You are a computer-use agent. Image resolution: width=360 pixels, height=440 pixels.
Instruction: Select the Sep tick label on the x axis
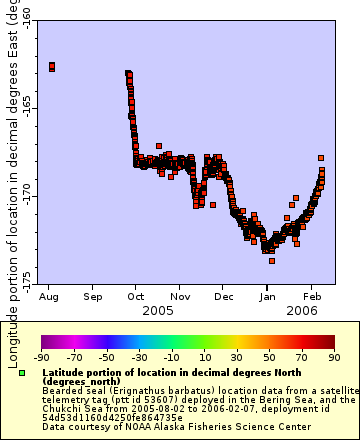tap(92, 297)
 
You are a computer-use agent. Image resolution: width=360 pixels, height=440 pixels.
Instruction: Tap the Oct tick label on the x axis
tap(136, 297)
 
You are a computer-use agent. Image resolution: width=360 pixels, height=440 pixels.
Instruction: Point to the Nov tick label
tap(180, 297)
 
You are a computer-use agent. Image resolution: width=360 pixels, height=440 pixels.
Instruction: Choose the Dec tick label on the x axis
tap(224, 297)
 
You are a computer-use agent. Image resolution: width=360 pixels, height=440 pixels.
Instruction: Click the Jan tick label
tap(268, 297)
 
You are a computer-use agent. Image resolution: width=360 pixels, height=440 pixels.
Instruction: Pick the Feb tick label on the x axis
tap(313, 297)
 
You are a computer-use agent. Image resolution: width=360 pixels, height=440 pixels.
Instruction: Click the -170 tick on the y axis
tap(25, 193)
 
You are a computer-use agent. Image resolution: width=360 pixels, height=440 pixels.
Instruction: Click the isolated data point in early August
tap(52, 67)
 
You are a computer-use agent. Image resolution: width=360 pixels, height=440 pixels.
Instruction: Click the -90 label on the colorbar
tap(42, 356)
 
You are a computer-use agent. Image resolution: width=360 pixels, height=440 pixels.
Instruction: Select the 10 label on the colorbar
tap(204, 356)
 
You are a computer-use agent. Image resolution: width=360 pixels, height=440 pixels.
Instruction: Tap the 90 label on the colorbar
tap(334, 356)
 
